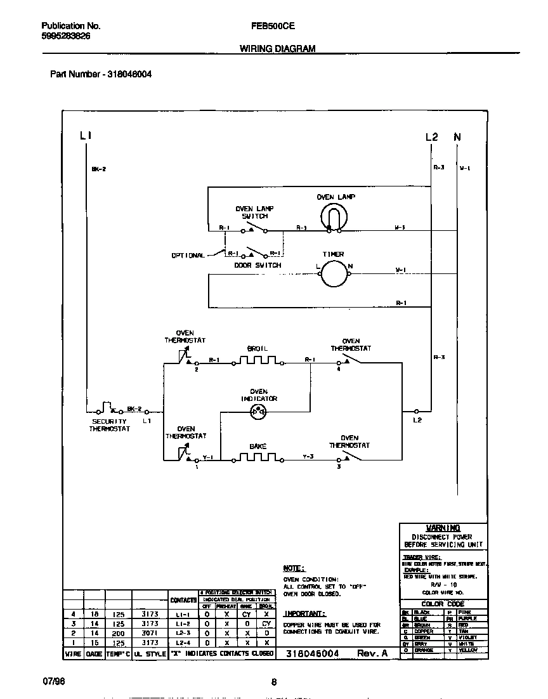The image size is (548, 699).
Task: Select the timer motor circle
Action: pyautogui.click(x=332, y=272)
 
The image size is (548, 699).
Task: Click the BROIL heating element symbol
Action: pyautogui.click(x=258, y=361)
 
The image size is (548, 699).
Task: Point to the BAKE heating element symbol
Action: pyautogui.click(x=258, y=457)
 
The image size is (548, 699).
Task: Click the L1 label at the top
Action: pyautogui.click(x=86, y=136)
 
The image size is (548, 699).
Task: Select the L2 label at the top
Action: pyautogui.click(x=431, y=136)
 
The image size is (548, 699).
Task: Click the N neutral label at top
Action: pyautogui.click(x=457, y=136)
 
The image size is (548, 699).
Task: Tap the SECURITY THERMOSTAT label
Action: pyautogui.click(x=110, y=425)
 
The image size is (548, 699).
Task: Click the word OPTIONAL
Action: pyautogui.click(x=188, y=256)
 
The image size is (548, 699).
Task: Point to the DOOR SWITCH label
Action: pyautogui.click(x=258, y=265)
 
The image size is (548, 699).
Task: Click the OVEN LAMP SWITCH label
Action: pyautogui.click(x=254, y=212)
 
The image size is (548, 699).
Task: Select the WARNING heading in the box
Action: pyautogui.click(x=443, y=528)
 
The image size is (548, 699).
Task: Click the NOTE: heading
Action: pyautogui.click(x=294, y=568)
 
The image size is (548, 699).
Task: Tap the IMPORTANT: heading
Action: pyautogui.click(x=304, y=613)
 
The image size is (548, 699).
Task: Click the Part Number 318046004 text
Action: pyautogui.click(x=101, y=74)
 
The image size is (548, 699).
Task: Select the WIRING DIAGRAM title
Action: pyautogui.click(x=277, y=48)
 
